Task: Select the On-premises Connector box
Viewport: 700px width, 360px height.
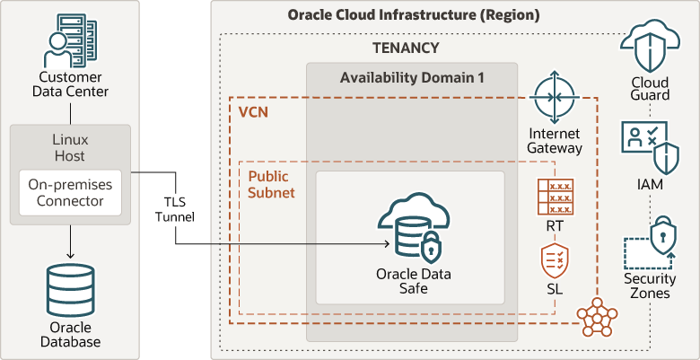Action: tap(70, 192)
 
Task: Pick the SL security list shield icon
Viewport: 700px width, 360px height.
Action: tap(554, 261)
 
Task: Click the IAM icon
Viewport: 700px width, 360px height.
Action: tap(650, 146)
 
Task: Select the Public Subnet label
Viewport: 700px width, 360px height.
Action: tap(271, 184)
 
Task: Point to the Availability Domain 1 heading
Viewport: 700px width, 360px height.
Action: tap(412, 78)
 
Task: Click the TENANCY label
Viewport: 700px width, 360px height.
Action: tap(406, 48)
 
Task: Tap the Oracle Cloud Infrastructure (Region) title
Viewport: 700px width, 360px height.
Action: tap(414, 15)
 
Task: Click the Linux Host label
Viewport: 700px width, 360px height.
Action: tap(70, 148)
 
